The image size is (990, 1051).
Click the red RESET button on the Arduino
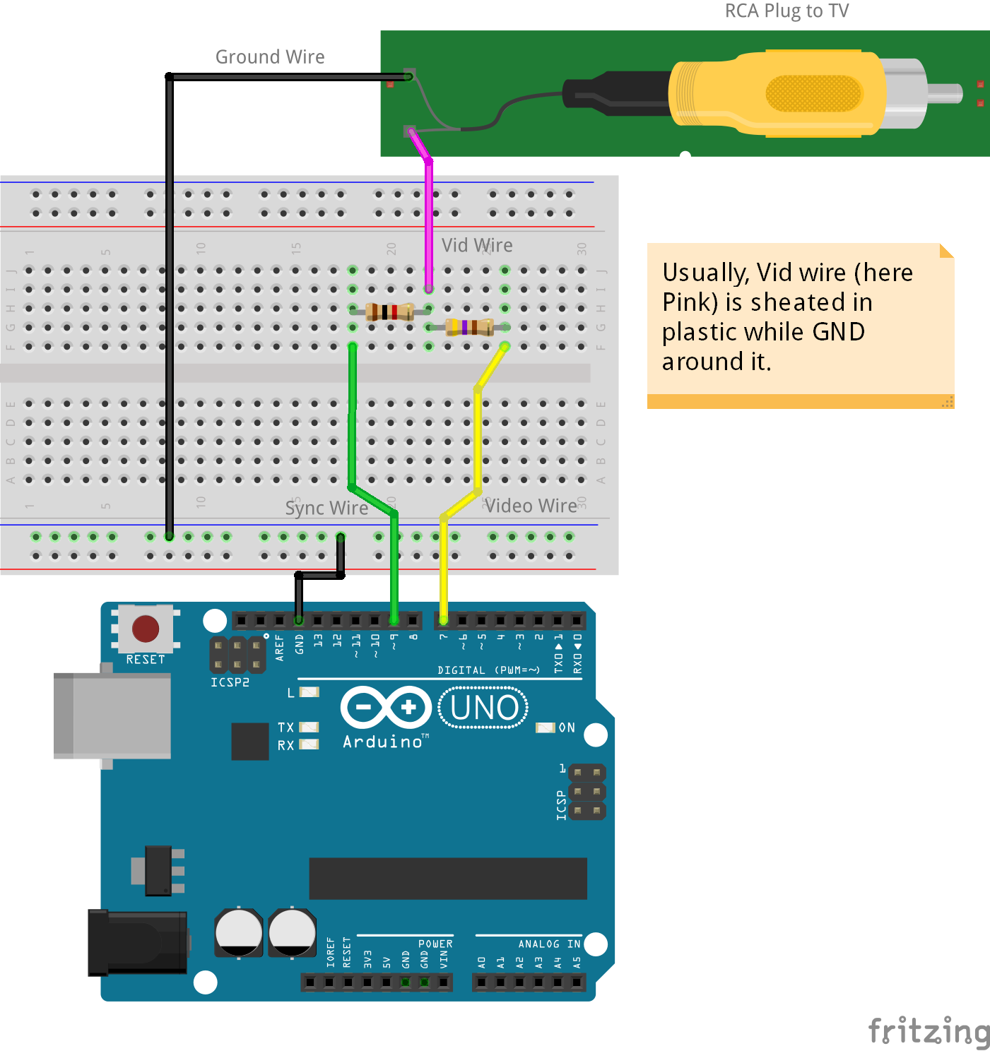(x=146, y=629)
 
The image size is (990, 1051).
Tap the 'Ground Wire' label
(x=270, y=57)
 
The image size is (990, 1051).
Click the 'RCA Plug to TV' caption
(x=786, y=11)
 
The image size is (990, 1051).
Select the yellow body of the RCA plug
(x=777, y=93)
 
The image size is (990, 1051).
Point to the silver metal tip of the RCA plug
(x=944, y=93)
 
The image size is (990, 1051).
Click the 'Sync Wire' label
(x=326, y=509)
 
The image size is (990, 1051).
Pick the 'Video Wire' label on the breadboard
(x=531, y=506)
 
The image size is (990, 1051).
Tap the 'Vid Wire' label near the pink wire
(x=477, y=246)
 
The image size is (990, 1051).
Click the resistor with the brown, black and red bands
(x=389, y=311)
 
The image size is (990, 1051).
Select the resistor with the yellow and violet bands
(x=469, y=327)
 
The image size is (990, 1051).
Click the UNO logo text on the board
(x=484, y=708)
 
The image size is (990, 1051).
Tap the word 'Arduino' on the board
(x=382, y=742)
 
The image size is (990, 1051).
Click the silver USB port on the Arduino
(x=113, y=715)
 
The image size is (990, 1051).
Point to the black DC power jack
(x=137, y=942)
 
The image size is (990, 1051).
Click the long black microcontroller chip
(x=448, y=879)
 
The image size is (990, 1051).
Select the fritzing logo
(x=929, y=1031)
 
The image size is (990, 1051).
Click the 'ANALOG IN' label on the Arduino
(x=549, y=944)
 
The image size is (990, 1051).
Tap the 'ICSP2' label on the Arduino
(x=230, y=682)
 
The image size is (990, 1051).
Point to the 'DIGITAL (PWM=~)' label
(x=488, y=670)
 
